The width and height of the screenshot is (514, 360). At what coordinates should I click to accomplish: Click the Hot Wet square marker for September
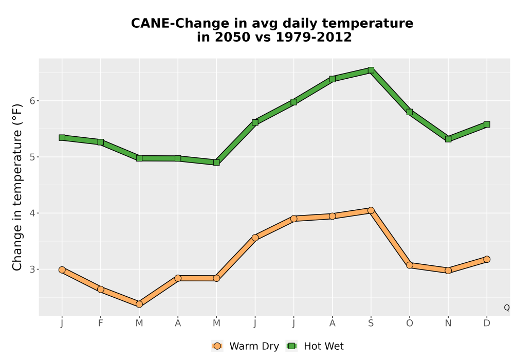point(371,70)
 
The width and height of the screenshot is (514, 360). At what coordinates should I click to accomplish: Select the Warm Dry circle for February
point(101,289)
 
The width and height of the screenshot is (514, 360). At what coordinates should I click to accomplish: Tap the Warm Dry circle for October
point(410,265)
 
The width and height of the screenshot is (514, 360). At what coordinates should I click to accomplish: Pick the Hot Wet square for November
point(448,139)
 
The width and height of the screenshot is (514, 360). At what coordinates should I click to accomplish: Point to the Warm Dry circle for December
point(487,259)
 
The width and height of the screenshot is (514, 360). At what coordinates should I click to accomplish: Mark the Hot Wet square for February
point(101,142)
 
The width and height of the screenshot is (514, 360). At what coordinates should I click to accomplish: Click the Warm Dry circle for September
point(371,210)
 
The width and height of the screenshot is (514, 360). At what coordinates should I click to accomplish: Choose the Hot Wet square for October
point(410,112)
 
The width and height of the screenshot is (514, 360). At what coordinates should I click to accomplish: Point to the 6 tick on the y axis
point(32,101)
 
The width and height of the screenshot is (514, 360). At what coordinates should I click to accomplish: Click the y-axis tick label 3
point(32,269)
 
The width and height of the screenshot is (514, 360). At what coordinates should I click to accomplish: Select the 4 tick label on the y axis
point(32,213)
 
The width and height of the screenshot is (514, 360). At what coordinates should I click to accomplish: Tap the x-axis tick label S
point(371,323)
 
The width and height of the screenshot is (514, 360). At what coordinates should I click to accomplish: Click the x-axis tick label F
point(101,323)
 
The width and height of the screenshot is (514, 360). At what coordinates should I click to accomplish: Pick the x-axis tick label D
point(487,323)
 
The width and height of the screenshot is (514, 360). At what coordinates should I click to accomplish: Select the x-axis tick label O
point(410,323)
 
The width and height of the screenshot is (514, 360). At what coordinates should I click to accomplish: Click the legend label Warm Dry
point(254,346)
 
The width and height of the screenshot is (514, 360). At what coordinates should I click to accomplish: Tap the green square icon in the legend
point(291,346)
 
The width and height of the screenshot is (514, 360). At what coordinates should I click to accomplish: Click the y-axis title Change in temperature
point(17,188)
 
